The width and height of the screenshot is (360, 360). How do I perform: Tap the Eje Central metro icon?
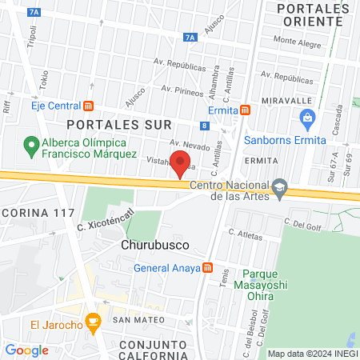(x=88, y=106)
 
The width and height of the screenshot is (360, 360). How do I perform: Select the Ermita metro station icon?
(x=246, y=110)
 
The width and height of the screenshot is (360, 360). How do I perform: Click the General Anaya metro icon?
(x=208, y=268)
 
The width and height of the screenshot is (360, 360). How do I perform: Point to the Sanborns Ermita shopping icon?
(x=306, y=120)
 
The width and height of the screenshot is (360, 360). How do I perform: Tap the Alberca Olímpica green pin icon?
(x=31, y=146)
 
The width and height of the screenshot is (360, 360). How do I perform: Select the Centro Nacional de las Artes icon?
(x=279, y=186)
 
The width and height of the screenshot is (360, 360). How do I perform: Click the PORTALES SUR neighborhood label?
(x=108, y=125)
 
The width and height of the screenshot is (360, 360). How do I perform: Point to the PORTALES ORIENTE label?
(x=313, y=15)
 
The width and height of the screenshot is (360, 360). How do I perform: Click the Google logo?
(x=26, y=350)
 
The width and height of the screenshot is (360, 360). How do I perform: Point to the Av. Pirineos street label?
(x=179, y=89)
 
